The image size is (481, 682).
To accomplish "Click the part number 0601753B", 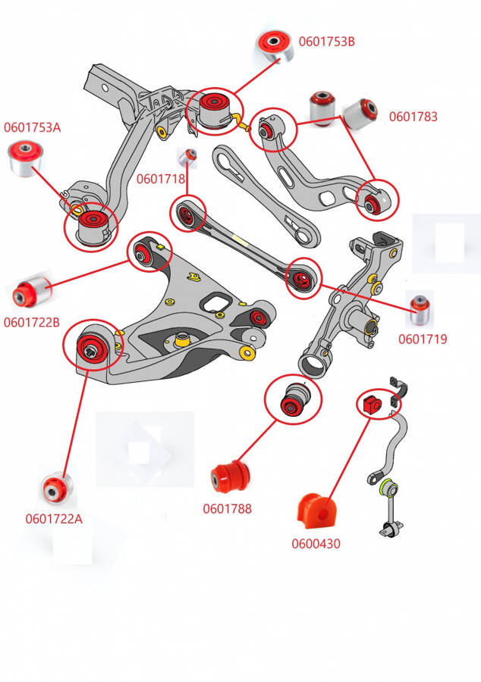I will (x=326, y=42).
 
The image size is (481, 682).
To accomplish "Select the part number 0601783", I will (x=413, y=117).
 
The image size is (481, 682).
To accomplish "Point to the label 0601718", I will (x=160, y=180).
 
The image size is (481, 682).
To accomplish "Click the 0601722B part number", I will (x=31, y=322).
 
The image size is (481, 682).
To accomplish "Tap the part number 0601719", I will (x=423, y=339).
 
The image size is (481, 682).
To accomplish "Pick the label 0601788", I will (x=227, y=508).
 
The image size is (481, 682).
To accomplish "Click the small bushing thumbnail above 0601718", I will (x=187, y=156).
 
